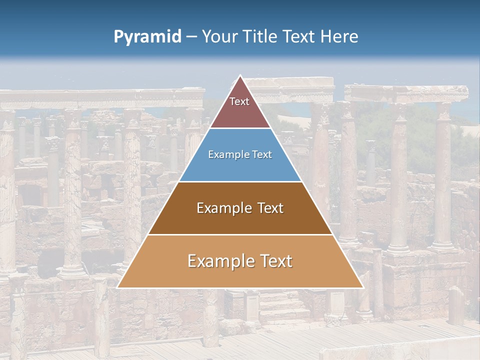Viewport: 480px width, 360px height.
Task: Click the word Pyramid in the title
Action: click(x=147, y=37)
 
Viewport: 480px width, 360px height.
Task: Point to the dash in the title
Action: click(x=191, y=37)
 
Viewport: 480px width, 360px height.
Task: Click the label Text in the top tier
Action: click(x=239, y=101)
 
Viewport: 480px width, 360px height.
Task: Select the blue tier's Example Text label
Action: click(x=240, y=154)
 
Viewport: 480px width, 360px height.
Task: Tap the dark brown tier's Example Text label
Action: click(x=240, y=208)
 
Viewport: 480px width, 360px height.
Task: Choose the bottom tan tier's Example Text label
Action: click(x=240, y=261)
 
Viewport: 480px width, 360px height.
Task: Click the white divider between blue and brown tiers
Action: click(x=240, y=181)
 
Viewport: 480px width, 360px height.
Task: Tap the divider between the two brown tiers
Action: click(x=240, y=234)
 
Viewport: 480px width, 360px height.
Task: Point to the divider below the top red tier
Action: click(x=240, y=128)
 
